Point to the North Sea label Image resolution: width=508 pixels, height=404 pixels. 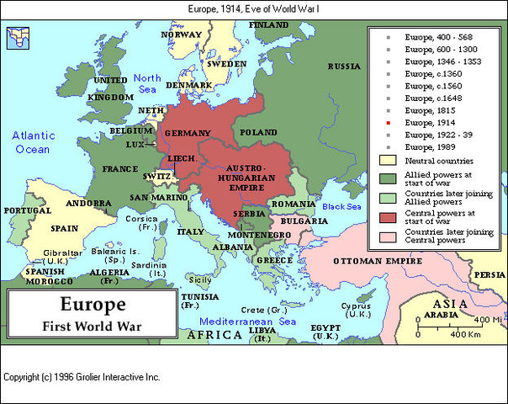point(146,84)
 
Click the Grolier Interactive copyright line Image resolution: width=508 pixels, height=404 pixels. point(82,377)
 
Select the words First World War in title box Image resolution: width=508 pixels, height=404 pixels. point(92,325)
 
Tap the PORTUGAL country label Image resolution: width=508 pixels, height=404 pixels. point(26,210)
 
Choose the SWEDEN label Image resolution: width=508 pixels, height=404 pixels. point(227,64)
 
